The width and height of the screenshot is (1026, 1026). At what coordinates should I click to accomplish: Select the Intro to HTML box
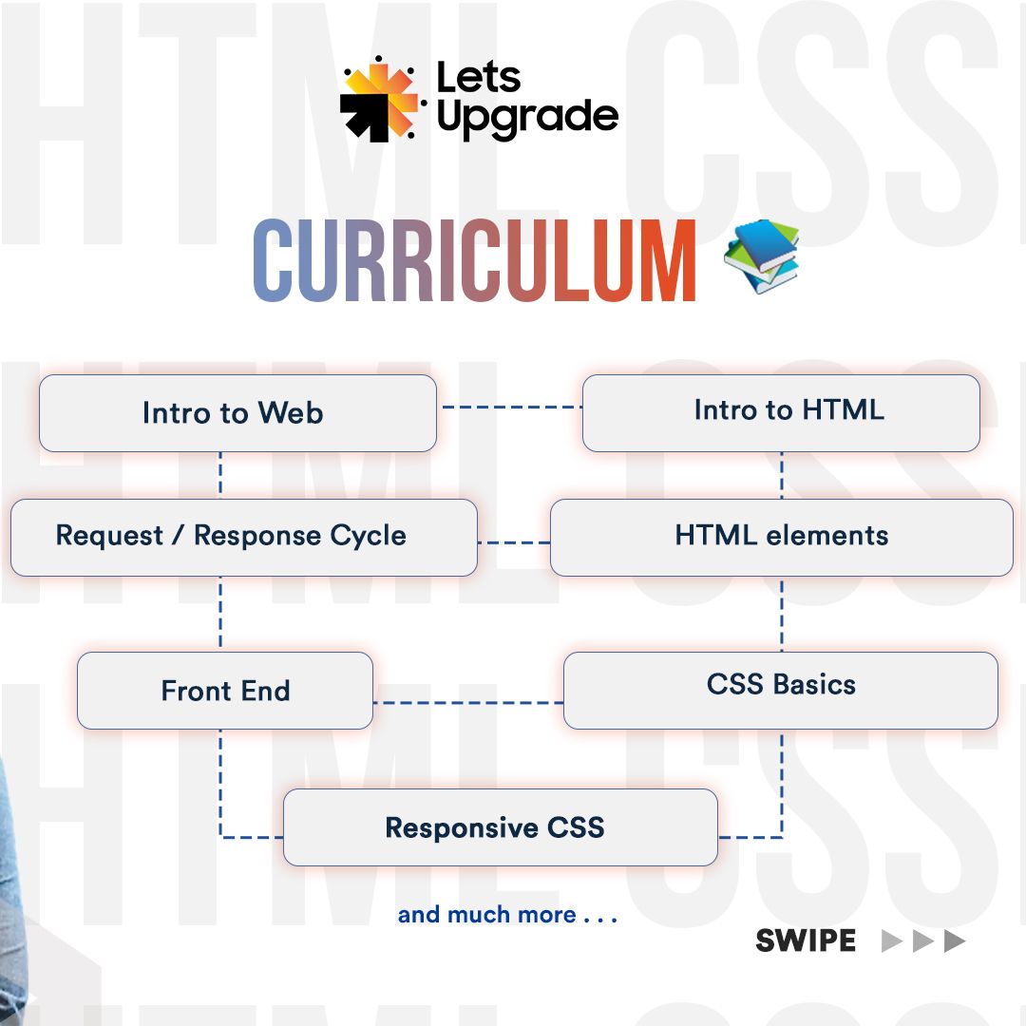click(781, 412)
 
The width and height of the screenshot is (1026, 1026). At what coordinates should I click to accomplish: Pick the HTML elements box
click(781, 537)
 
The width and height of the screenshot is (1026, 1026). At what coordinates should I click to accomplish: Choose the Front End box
click(225, 691)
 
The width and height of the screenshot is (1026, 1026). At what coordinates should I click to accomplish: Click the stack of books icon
click(762, 256)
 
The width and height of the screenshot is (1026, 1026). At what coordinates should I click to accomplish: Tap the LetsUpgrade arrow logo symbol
click(378, 99)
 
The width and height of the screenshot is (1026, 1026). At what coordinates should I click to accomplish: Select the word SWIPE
click(806, 941)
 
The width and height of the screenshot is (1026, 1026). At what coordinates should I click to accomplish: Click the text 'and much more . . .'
click(507, 915)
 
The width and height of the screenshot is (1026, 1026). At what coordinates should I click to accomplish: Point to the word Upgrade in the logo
click(527, 119)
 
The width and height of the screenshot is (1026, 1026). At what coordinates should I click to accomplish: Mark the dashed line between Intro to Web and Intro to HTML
click(510, 407)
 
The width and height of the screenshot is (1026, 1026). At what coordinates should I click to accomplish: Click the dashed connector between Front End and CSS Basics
click(467, 703)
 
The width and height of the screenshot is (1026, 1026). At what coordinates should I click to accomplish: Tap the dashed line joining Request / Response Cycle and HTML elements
click(513, 542)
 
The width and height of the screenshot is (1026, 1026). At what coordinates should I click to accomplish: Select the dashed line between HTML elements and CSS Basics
click(782, 614)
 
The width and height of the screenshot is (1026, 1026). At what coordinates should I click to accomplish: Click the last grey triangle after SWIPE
click(955, 941)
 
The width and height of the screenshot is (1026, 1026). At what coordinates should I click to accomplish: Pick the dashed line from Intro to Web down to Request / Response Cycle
click(220, 474)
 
